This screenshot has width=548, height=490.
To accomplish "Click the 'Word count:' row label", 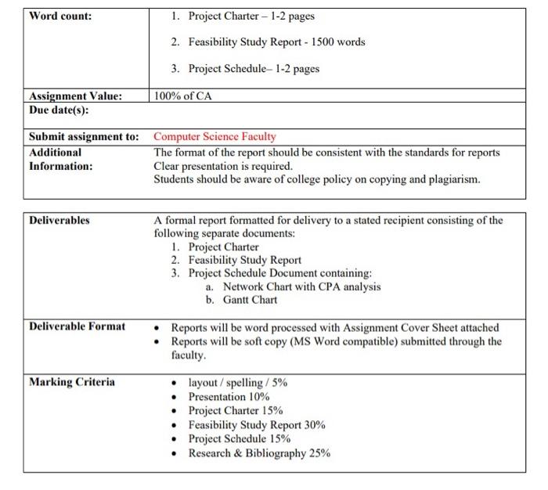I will (x=60, y=16).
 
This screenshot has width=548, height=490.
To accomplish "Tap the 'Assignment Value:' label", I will (x=75, y=96).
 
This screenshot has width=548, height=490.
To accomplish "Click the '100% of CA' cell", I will (x=183, y=96).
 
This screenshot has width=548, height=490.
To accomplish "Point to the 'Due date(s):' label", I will (x=59, y=110).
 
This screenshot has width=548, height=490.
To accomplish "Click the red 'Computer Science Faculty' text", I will (x=215, y=137).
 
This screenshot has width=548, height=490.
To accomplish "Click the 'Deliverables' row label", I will (x=59, y=221).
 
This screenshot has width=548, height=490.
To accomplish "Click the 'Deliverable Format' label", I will (x=77, y=326).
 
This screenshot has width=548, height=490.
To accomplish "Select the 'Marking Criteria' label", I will (x=71, y=382).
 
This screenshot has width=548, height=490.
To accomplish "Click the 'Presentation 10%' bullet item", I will (x=229, y=397).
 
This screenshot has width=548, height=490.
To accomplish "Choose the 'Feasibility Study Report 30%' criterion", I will (x=257, y=425).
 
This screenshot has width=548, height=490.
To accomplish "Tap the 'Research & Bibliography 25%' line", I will (x=259, y=453).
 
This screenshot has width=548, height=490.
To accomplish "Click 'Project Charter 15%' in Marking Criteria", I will (x=236, y=411).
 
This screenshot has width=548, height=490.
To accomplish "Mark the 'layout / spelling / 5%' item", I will (x=239, y=383).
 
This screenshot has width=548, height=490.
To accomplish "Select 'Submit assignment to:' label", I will (x=83, y=137).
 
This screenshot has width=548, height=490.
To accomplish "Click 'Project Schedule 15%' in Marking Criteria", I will (x=239, y=439).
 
